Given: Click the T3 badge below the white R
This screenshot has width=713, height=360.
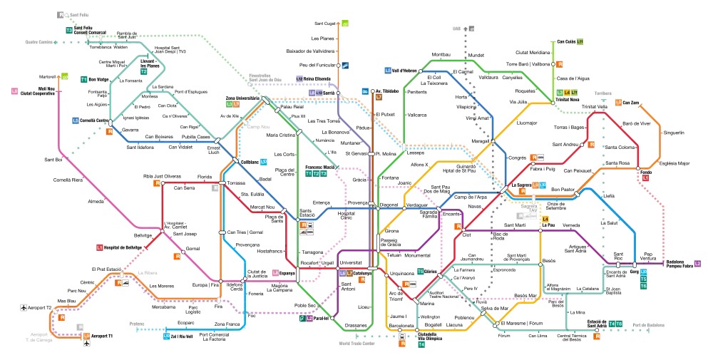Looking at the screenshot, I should (x=69, y=31).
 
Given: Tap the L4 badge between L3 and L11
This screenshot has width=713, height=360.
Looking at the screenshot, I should (x=567, y=93).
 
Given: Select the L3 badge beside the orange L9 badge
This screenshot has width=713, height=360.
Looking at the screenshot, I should (x=229, y=104).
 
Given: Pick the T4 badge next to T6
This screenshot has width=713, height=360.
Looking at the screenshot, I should (x=611, y=324).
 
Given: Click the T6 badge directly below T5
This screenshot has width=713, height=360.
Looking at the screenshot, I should (x=643, y=286).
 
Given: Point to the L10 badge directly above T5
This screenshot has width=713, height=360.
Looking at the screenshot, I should (x=643, y=272).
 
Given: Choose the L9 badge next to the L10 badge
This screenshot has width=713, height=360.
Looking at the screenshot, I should (x=535, y=185).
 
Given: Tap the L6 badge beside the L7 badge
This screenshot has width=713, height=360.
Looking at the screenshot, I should (x=342, y=273).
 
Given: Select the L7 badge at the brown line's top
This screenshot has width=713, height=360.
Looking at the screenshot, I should (x=379, y=96).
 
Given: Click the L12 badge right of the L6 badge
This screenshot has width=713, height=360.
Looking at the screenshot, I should (x=319, y=93).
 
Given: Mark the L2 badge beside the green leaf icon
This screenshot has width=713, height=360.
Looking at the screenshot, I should (x=309, y=319).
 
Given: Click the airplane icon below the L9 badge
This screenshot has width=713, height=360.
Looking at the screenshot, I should (x=87, y=344).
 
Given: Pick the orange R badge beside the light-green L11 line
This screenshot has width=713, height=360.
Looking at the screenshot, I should (x=560, y=64).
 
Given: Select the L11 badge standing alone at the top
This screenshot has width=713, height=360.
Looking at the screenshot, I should (x=580, y=41).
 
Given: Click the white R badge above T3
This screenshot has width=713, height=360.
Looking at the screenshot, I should (x=63, y=15).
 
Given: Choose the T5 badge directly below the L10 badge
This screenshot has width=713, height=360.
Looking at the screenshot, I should (x=643, y=279).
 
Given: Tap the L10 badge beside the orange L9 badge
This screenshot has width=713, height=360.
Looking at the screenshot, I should (x=543, y=185).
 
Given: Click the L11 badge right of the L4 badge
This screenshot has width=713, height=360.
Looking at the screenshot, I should (x=575, y=93).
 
